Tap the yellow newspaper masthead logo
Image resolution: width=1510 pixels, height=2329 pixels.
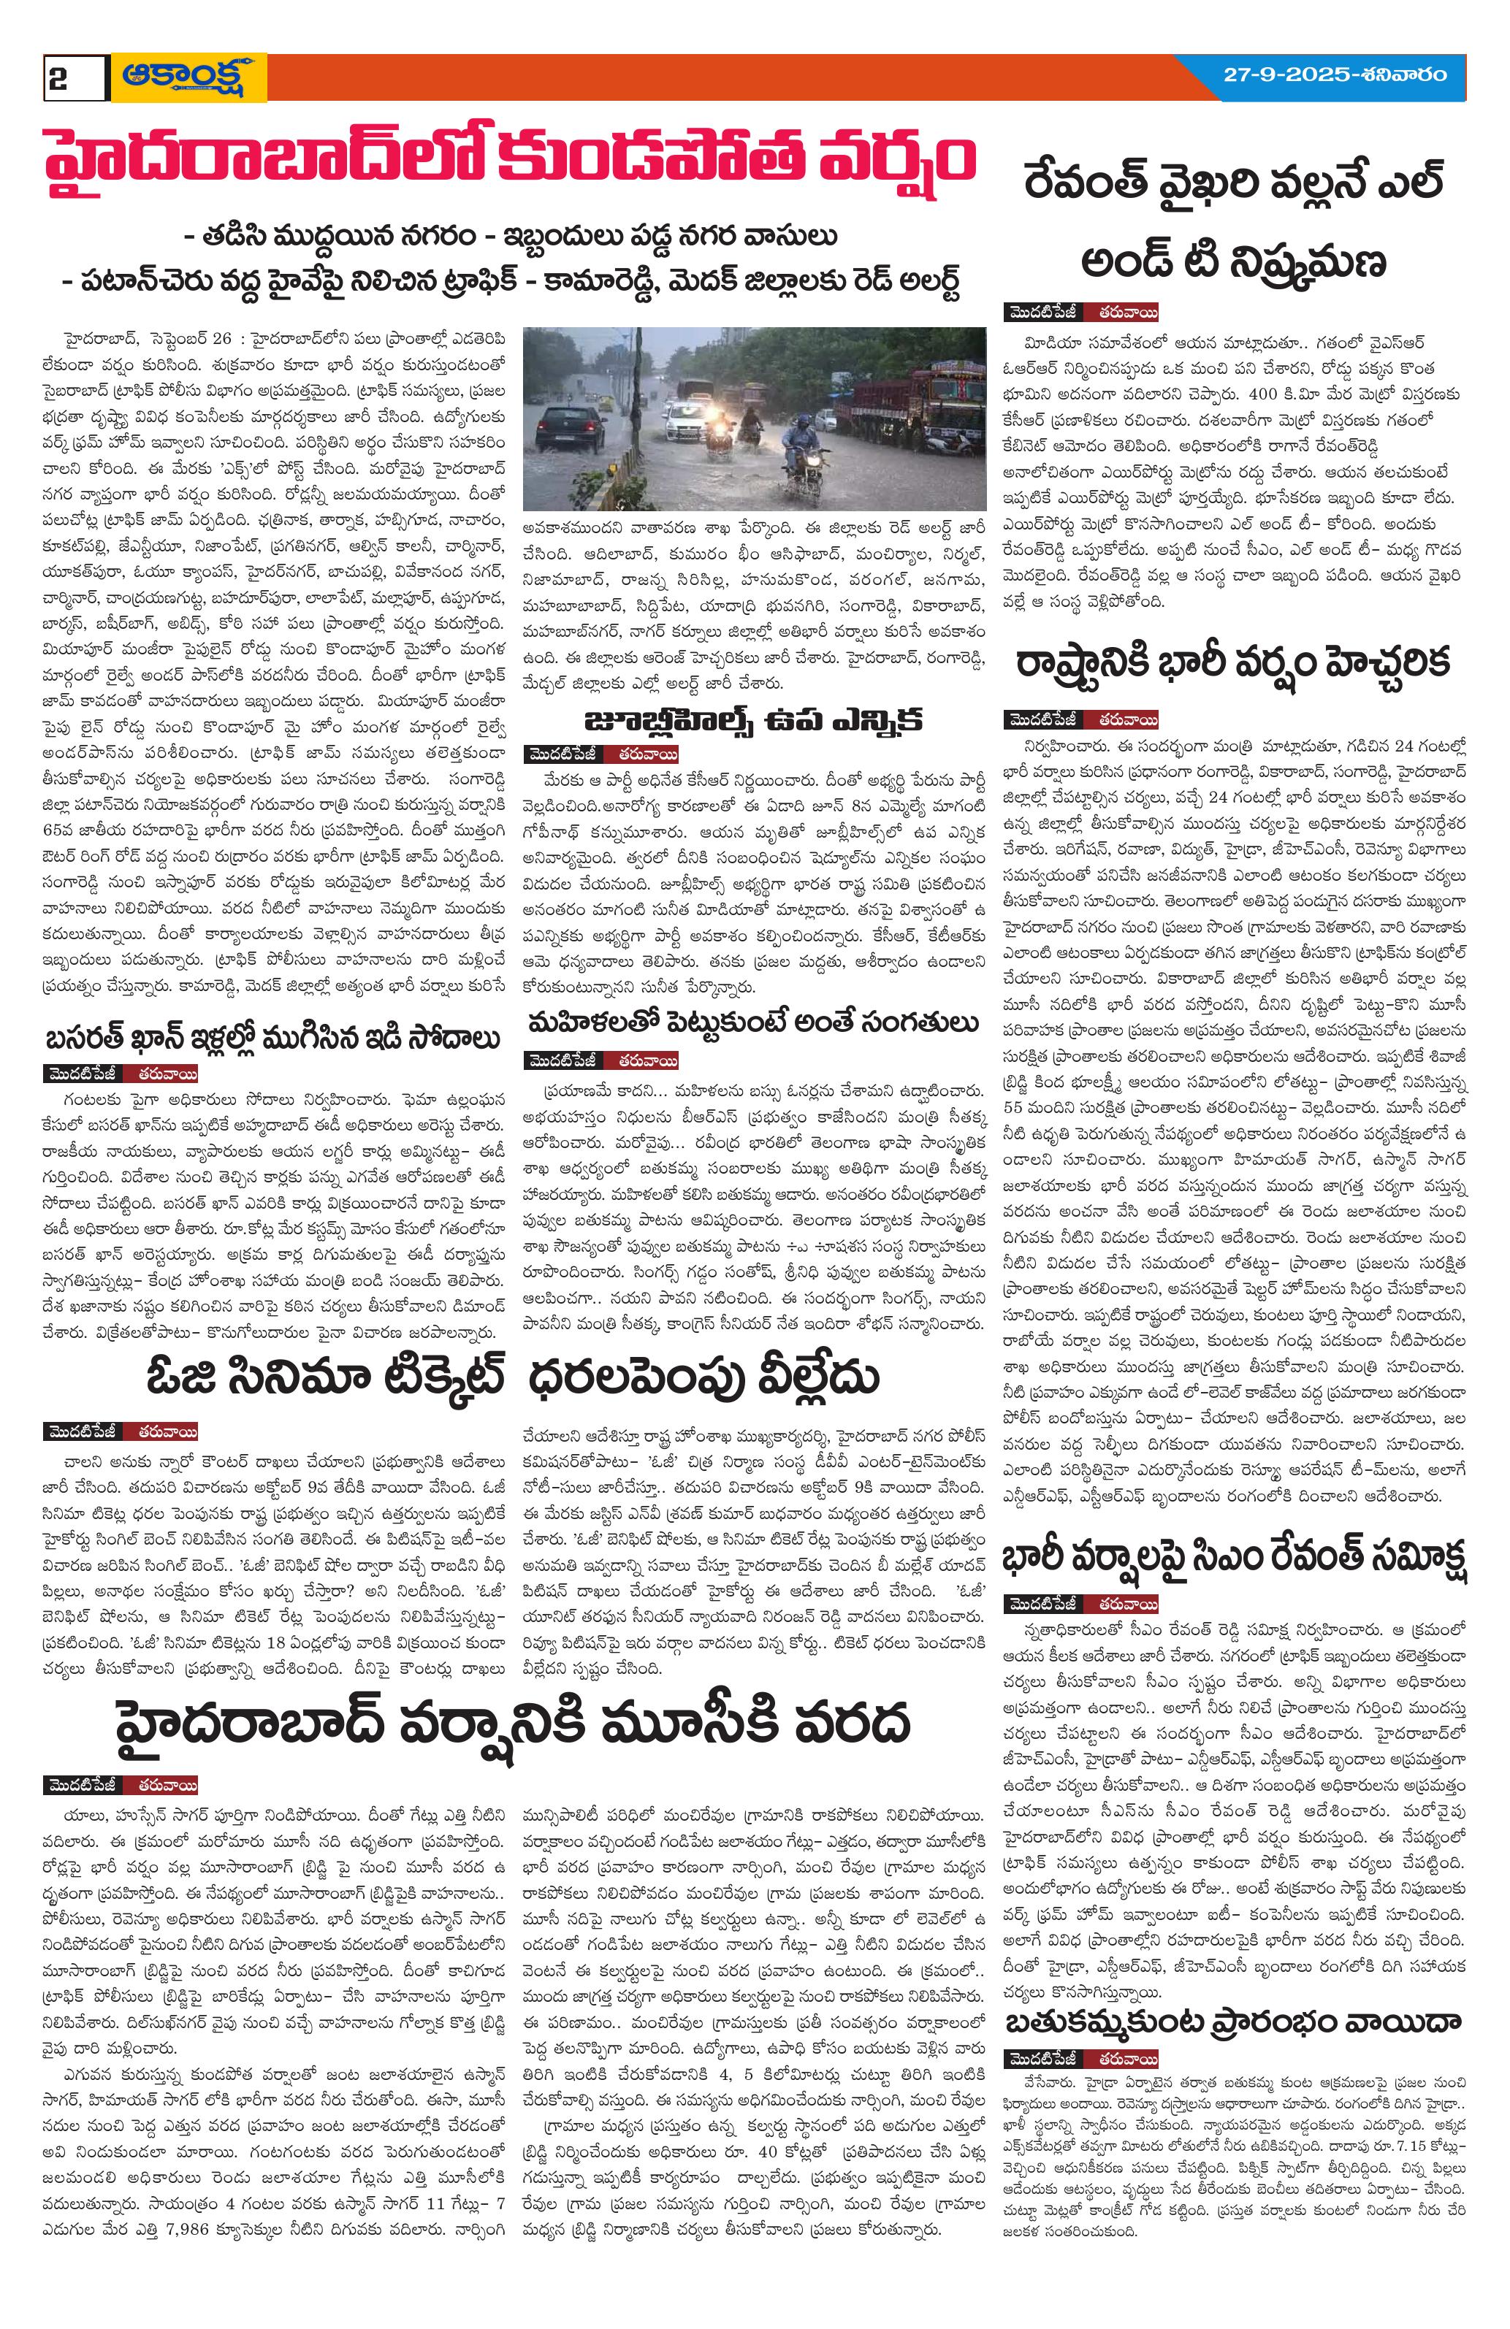(x=188, y=77)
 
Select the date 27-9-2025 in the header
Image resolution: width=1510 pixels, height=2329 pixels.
(x=1284, y=75)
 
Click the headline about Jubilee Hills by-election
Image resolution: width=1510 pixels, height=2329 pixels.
(x=752, y=722)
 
